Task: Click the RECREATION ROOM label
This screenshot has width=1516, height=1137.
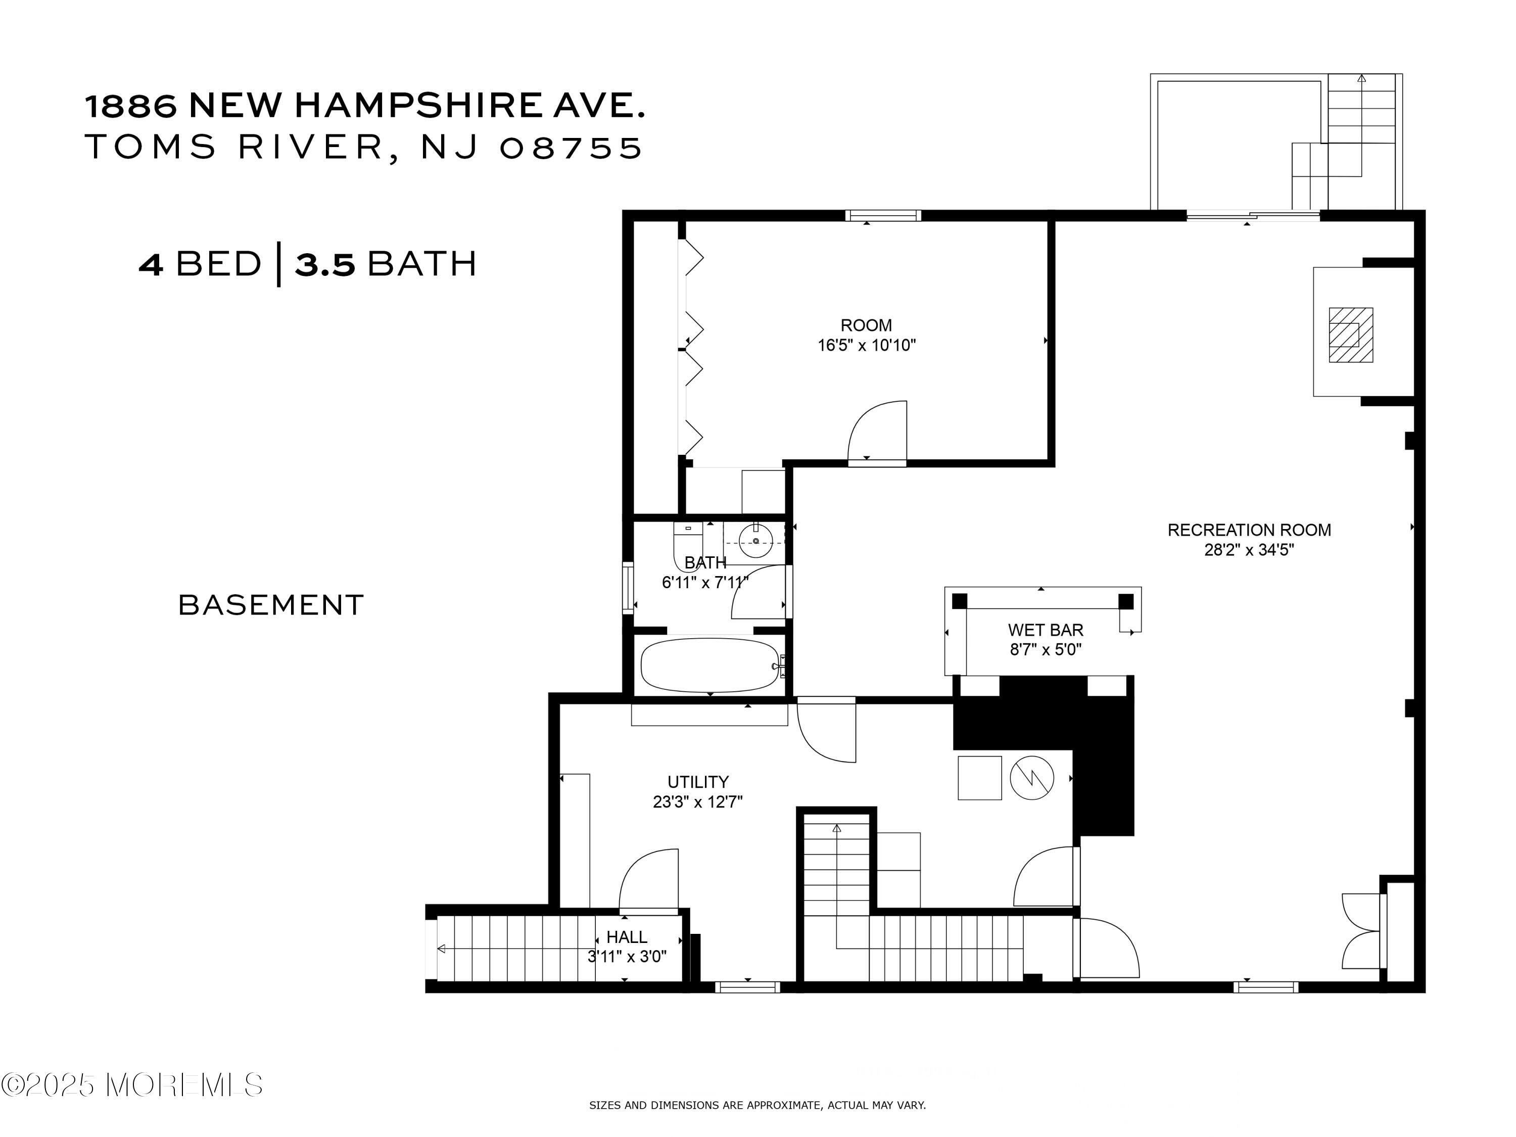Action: [x=1249, y=530]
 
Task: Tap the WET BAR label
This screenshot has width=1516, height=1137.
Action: [x=1045, y=629]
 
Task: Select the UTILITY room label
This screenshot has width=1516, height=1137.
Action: [x=698, y=781]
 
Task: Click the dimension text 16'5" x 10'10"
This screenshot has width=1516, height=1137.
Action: [x=866, y=345]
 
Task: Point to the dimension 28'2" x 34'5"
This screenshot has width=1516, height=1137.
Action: [x=1249, y=550]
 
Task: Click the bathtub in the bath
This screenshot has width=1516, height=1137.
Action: [x=710, y=666]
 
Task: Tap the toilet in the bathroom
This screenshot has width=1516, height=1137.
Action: [x=687, y=545]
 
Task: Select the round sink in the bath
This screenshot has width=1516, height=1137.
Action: [x=756, y=541]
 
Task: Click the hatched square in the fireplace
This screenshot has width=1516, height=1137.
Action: [x=1351, y=335]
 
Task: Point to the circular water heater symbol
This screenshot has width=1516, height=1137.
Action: [x=1031, y=777]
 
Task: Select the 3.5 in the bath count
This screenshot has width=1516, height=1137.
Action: [x=325, y=264]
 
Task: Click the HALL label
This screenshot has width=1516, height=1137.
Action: [x=627, y=936]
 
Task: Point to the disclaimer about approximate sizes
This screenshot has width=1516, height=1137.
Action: [x=757, y=1105]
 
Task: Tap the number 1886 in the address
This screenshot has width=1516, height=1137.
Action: [x=130, y=106]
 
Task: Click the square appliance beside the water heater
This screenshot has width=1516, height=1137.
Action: [x=979, y=777]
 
